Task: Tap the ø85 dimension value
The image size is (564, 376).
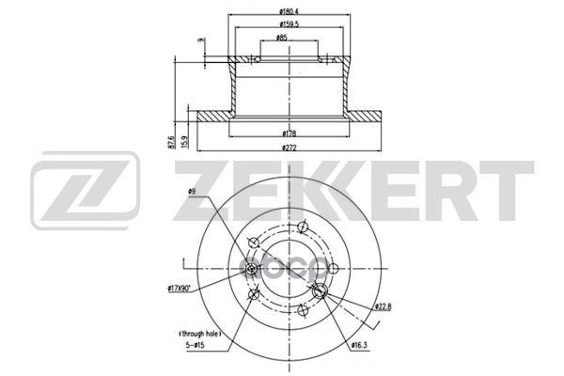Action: (x=281, y=39)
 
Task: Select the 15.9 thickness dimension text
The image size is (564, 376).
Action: (x=184, y=144)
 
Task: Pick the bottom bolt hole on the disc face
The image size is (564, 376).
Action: (x=303, y=311)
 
